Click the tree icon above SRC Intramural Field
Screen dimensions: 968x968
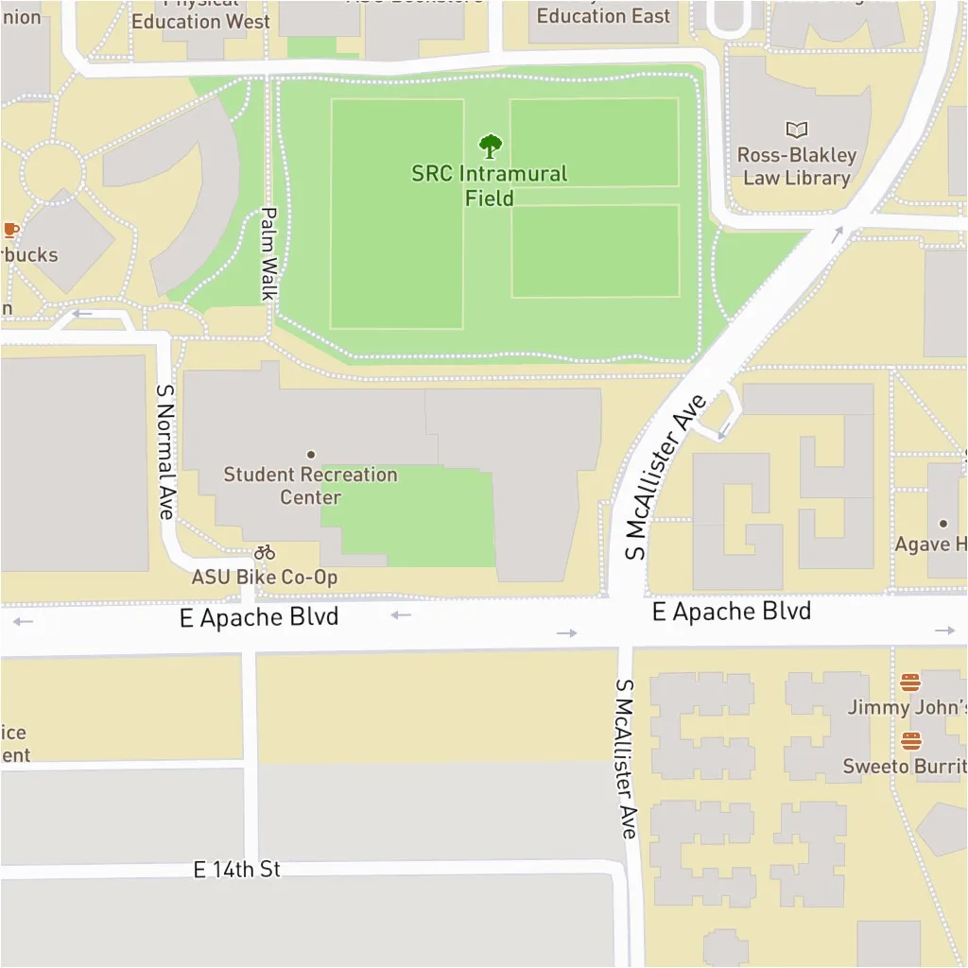pos(490,147)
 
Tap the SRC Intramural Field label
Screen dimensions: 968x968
pos(490,186)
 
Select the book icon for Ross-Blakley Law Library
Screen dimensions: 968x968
pos(797,130)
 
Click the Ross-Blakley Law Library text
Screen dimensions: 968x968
pos(796,166)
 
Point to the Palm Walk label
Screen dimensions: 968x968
pos(268,254)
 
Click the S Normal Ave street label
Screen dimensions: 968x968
pos(165,450)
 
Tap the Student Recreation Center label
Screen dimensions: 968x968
pos(310,486)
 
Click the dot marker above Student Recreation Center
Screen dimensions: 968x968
pos(310,455)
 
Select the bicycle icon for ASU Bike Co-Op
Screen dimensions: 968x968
pos(265,552)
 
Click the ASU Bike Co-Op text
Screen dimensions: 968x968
pos(265,577)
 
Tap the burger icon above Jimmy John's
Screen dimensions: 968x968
pos(910,683)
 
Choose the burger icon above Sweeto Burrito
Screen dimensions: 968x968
pos(910,740)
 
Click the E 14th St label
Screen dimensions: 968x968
pos(237,869)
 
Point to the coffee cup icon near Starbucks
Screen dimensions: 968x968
pos(10,230)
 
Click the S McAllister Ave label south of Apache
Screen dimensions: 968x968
pos(627,758)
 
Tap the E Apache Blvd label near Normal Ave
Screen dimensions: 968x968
pos(259,617)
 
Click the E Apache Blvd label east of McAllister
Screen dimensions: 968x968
pos(731,612)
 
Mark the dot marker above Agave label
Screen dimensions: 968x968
pos(942,523)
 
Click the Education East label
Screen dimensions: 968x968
pos(603,16)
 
